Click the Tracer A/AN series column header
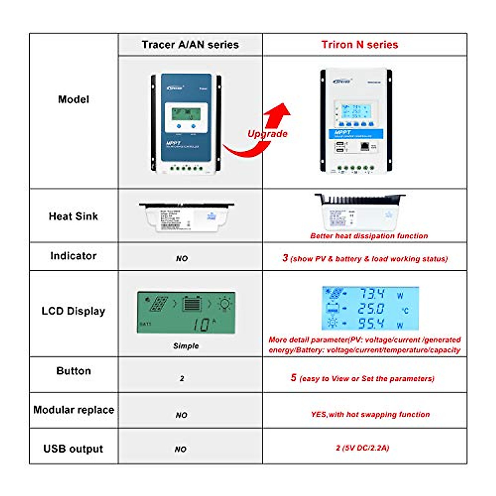click(190, 45)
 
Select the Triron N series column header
click(360, 45)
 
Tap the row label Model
click(74, 99)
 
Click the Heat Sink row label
click(74, 216)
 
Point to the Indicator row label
click(74, 256)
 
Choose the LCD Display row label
click(74, 311)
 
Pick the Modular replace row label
click(74, 410)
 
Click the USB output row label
click(74, 449)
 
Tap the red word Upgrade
click(267, 134)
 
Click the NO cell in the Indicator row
click(182, 258)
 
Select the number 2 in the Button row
click(182, 378)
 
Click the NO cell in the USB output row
click(181, 449)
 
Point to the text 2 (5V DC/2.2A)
click(362, 448)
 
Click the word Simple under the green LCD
click(186, 346)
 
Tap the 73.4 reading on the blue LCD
click(372, 294)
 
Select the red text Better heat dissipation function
click(369, 236)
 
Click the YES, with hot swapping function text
click(370, 415)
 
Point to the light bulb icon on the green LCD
click(225, 304)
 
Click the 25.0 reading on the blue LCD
click(371, 309)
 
